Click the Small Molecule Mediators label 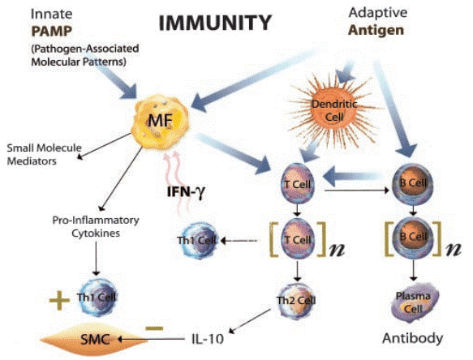[x=41, y=154]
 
